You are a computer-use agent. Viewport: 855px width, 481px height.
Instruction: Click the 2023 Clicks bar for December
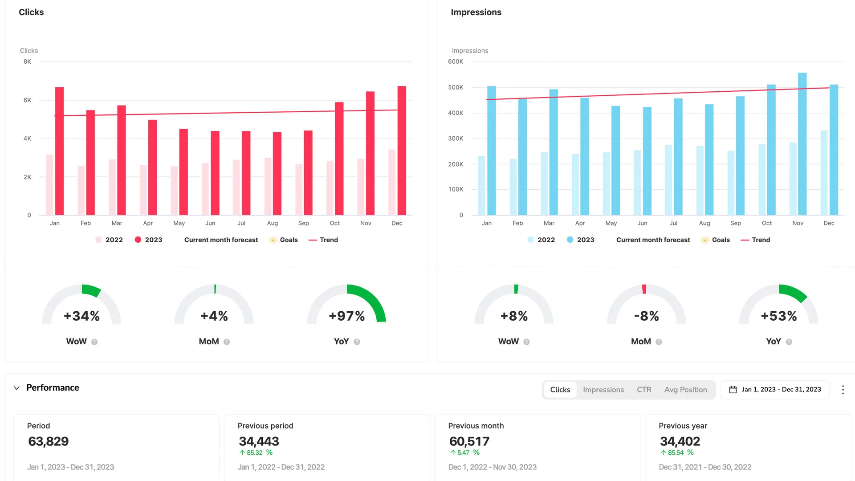(x=402, y=151)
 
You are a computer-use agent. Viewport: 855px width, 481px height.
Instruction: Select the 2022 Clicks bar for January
(x=49, y=185)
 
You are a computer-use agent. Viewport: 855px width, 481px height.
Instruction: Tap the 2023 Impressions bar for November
(x=802, y=145)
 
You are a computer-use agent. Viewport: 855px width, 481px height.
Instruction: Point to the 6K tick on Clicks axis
(x=27, y=100)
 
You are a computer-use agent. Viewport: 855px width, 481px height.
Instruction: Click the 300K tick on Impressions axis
(x=455, y=139)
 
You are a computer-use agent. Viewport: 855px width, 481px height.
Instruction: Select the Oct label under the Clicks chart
(x=334, y=223)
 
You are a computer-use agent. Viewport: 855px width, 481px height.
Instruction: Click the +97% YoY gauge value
(x=346, y=316)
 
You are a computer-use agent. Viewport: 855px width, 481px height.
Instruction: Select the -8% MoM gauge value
(x=646, y=316)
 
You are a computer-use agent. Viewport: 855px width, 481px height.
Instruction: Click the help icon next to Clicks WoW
(x=94, y=342)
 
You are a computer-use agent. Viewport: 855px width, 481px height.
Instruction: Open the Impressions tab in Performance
(x=603, y=390)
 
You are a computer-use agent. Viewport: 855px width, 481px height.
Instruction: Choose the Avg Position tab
(x=685, y=390)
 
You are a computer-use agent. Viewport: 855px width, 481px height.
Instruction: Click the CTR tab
(x=644, y=390)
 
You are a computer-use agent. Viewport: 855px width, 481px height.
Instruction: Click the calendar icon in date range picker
(x=733, y=390)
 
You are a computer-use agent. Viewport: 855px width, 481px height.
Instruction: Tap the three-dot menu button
(x=843, y=390)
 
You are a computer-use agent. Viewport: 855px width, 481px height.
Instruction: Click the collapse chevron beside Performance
(x=16, y=388)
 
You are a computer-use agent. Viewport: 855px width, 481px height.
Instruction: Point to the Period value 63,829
(x=48, y=441)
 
